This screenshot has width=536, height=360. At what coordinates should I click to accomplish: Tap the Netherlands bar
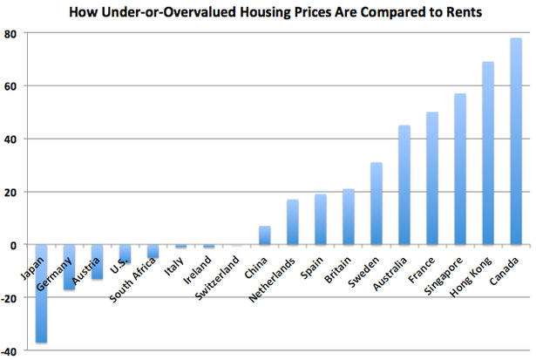(x=293, y=222)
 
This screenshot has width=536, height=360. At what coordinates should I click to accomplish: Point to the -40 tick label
(x=13, y=350)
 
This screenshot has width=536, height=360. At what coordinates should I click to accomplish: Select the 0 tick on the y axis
(x=18, y=245)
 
